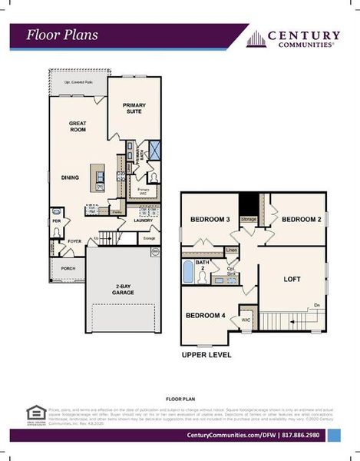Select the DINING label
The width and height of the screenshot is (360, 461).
pos(71,177)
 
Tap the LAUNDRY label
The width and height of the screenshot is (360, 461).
pos(143,221)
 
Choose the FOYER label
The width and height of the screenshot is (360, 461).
pos(74,240)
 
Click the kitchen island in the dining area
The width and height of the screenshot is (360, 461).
pos(97,178)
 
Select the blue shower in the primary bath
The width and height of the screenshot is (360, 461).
pos(152,150)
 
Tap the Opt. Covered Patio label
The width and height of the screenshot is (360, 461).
pos(79,81)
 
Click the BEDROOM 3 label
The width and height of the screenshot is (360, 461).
pos(213,220)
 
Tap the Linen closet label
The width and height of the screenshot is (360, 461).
pos(231,250)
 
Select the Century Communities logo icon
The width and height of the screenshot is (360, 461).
pos(256,39)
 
